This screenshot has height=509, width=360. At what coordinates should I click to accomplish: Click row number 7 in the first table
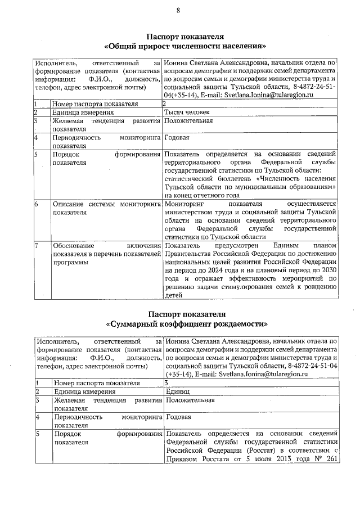pyautogui.click(x=36, y=245)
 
